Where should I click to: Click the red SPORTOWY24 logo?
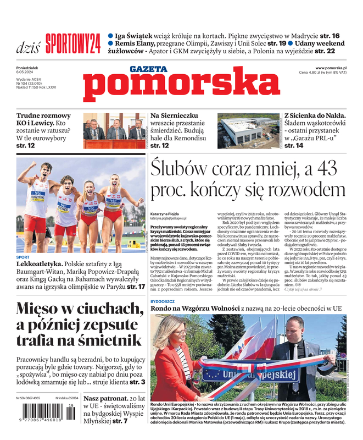tap(72, 43)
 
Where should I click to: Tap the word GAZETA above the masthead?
tap(148, 69)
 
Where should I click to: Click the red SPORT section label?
tap(23, 257)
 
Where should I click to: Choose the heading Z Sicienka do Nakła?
tap(315, 116)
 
